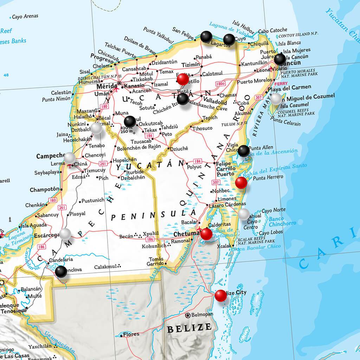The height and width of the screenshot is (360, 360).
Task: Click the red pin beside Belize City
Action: [220, 296]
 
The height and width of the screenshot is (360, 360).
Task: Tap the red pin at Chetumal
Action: [206, 234]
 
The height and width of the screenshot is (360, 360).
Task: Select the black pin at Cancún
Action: [280, 59]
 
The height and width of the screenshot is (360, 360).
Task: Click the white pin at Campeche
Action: [69, 158]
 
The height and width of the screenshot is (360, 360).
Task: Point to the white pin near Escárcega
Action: [65, 234]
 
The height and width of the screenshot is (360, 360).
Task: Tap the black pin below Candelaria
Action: [61, 271]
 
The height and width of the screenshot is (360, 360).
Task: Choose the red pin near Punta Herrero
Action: [241, 182]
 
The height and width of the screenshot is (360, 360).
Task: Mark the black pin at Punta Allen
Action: [243, 151]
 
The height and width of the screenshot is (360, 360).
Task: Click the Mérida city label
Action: [107, 86]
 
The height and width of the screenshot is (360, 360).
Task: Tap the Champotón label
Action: [44, 189]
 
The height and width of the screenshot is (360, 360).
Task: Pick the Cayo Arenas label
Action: [25, 17]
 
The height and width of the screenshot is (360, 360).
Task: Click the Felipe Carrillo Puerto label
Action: [226, 169]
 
